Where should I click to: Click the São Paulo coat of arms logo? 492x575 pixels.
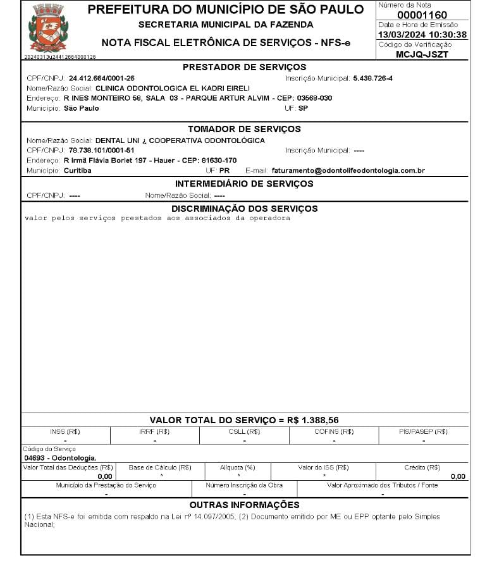pos(48,28)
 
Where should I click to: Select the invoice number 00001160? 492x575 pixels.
pos(422,15)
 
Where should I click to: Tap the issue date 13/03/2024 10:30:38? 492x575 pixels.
pos(422,35)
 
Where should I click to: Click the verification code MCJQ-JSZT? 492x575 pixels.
pos(422,54)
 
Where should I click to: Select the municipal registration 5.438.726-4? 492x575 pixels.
pos(372,78)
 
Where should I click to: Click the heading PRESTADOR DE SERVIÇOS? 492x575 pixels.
pos(244,67)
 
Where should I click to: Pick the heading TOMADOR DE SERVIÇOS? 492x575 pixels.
pos(244,129)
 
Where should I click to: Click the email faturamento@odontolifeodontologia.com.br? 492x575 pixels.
pos(348,171)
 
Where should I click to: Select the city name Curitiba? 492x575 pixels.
pos(78,171)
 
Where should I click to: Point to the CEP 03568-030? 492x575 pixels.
pos(312,99)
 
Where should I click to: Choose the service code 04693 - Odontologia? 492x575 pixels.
pos(60,457)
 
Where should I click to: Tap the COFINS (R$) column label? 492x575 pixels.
pos(333,431)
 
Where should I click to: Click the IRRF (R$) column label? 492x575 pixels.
pos(154,431)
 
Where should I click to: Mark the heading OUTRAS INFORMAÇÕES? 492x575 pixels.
pos(244,505)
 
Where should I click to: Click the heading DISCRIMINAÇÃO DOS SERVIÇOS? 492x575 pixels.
pos(244,209)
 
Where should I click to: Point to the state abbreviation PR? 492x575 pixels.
pos(224,171)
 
